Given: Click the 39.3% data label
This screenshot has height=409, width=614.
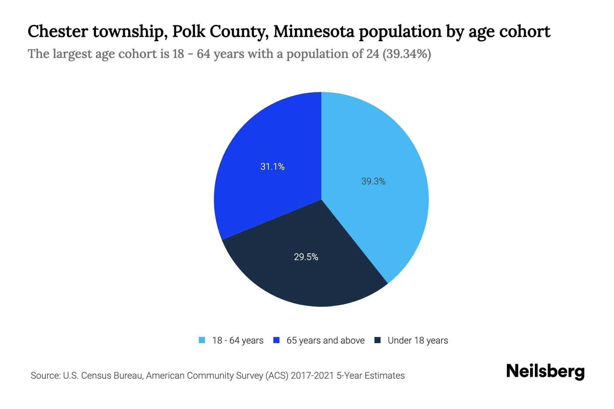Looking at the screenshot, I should point(373,181).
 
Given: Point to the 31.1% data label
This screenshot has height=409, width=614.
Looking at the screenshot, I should point(272,166).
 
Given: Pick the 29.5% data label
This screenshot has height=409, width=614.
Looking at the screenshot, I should point(306,257).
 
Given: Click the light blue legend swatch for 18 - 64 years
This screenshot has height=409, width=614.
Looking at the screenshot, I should point(202,340).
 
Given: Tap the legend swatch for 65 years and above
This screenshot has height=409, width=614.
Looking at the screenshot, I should point(277,340).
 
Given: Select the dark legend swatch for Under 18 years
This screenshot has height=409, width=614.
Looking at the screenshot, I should point(378,340).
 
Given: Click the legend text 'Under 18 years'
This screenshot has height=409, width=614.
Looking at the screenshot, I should point(418,340).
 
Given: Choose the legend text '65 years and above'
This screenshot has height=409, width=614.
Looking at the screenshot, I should point(325,340).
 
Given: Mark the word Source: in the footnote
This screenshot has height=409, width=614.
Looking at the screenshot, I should point(45,376).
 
